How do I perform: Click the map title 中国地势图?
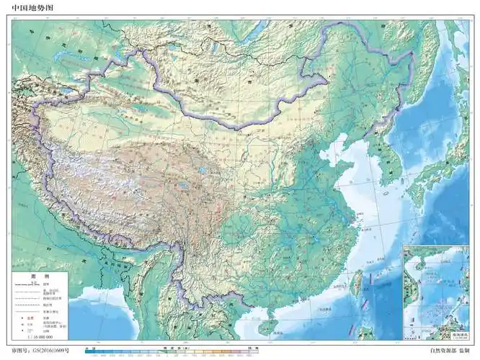[x=32, y=8]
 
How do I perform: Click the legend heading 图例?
[x=40, y=276]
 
